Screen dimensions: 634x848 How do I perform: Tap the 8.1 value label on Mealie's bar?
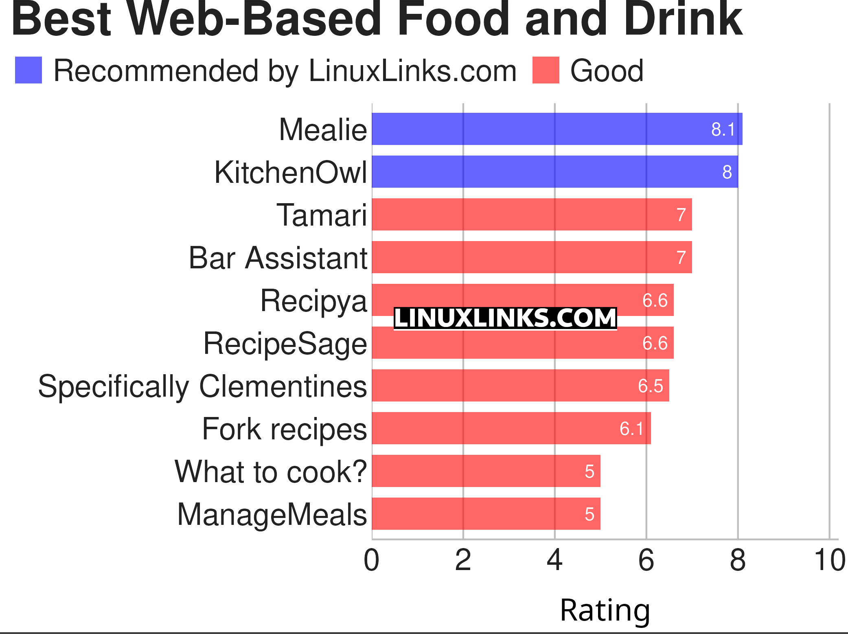pyautogui.click(x=723, y=129)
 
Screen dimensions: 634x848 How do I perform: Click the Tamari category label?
pyautogui.click(x=322, y=215)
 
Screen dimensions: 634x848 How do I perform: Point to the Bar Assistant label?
pyautogui.click(x=278, y=258)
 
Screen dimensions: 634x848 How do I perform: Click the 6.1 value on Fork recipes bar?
pyautogui.click(x=631, y=429)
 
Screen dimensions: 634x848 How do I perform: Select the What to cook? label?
pyautogui.click(x=271, y=472)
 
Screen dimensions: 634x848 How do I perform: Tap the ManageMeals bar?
pyautogui.click(x=486, y=514)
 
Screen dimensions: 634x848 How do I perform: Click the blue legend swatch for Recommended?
pyautogui.click(x=28, y=70)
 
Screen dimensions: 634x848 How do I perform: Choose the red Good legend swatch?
pyautogui.click(x=546, y=70)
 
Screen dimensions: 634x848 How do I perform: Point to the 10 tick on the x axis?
pyautogui.click(x=829, y=560)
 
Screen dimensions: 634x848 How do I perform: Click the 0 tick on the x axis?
pyautogui.click(x=371, y=560)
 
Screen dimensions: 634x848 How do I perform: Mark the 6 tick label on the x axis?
pyautogui.click(x=646, y=560)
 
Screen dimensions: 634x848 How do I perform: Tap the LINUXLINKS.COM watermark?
pyautogui.click(x=505, y=318)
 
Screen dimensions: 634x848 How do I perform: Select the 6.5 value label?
pyautogui.click(x=650, y=386)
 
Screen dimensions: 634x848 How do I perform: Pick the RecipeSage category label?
pyautogui.click(x=285, y=343)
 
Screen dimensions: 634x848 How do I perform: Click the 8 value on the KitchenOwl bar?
pyautogui.click(x=727, y=172)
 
